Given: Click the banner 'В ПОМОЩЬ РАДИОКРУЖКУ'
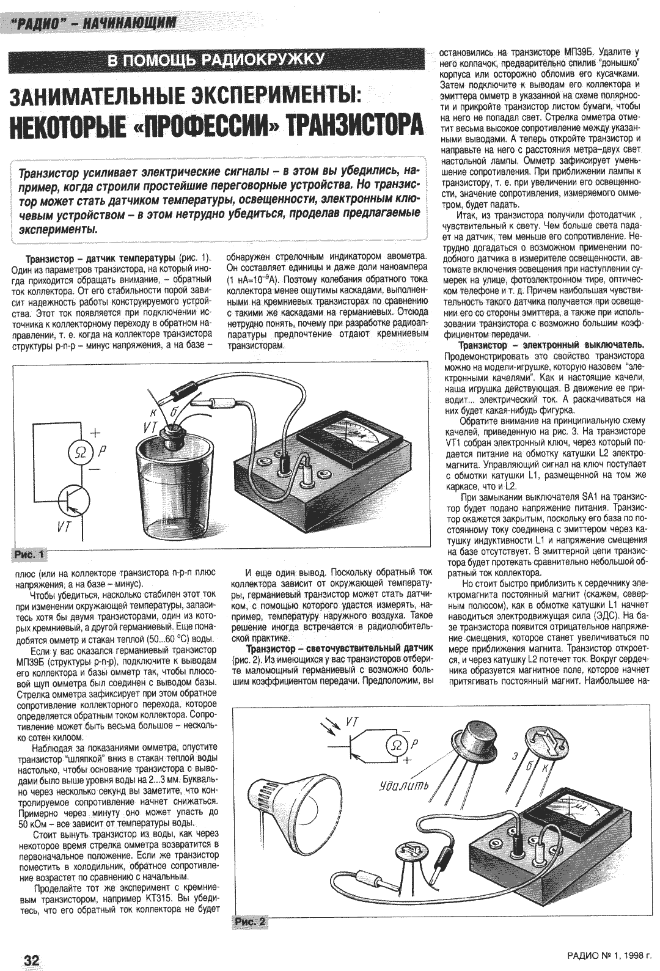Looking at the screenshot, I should pos(215,60).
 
